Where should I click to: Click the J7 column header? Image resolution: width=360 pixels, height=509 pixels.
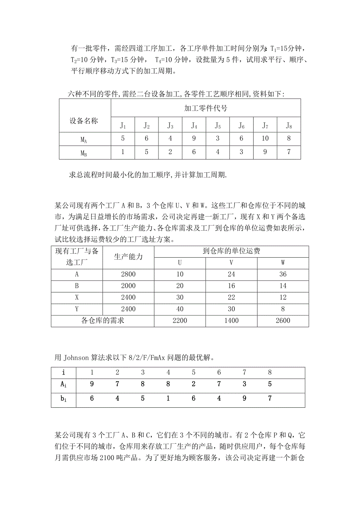265,125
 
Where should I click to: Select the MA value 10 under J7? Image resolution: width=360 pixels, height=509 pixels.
265,138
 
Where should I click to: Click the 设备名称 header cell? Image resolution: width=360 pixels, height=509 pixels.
84,121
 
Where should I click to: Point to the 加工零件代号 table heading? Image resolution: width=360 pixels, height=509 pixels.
205,108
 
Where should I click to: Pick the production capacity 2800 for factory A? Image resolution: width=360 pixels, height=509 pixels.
128,274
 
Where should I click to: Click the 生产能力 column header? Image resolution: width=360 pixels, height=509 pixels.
128,257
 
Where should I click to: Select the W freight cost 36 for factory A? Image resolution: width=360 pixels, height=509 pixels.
283,274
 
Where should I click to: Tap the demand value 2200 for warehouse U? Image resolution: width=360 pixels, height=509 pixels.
180,321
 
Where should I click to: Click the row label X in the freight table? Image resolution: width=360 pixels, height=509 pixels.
77,297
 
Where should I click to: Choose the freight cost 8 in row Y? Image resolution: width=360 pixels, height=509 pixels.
283,309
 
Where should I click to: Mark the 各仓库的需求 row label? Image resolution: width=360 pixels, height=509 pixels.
103,321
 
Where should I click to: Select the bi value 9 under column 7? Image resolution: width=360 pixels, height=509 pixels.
245,398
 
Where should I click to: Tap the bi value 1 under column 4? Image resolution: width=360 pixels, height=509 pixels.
168,398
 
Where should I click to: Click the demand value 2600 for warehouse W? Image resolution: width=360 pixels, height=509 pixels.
283,321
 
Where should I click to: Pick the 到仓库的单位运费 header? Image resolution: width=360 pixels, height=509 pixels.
231,251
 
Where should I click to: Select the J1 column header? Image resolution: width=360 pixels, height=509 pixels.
123,125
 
